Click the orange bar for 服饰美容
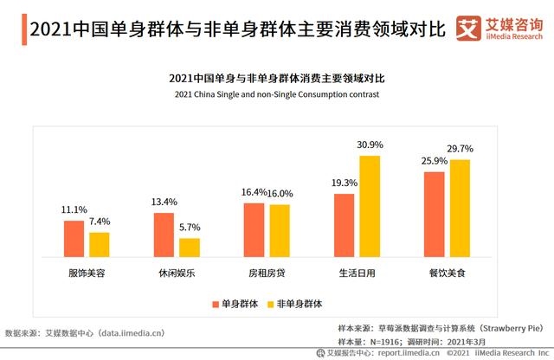click(74, 240)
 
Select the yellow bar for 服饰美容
click(100, 246)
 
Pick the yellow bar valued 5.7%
click(190, 248)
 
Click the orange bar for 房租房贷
click(254, 231)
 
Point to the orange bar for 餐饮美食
click(435, 215)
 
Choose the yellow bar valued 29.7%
click(460, 209)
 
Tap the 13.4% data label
click(164, 202)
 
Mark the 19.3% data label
click(345, 183)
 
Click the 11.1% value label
click(74, 209)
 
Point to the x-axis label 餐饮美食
click(448, 273)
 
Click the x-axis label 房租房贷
click(267, 273)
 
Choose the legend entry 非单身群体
click(294, 304)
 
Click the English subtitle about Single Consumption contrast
click(277, 94)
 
